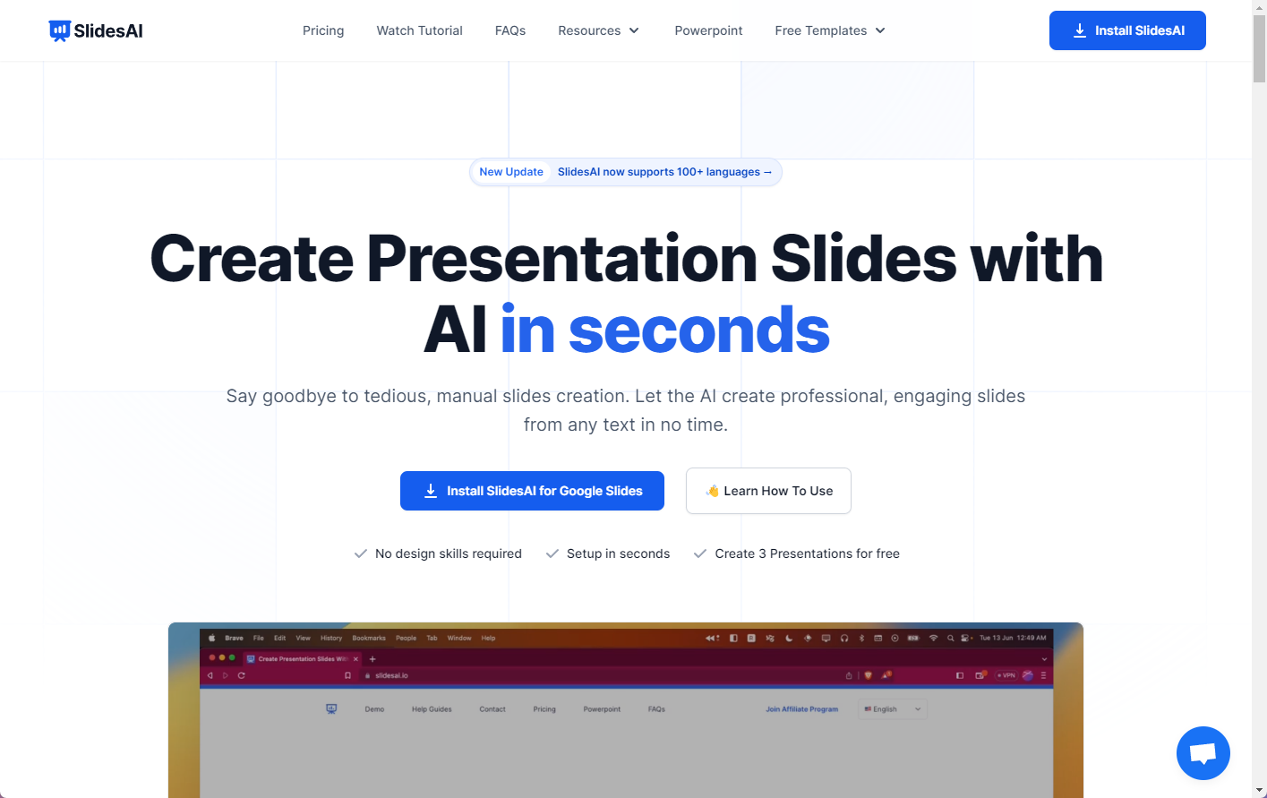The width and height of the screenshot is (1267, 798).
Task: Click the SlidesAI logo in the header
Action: (x=96, y=30)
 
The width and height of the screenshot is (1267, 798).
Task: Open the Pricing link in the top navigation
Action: (x=323, y=30)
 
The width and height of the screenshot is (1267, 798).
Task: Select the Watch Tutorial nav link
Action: (x=419, y=30)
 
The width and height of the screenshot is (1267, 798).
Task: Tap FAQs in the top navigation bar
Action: (x=510, y=30)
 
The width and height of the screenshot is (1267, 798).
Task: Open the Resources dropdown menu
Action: (x=598, y=30)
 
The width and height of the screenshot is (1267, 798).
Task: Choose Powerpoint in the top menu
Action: (x=708, y=30)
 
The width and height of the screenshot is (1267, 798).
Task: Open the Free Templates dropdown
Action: (x=830, y=30)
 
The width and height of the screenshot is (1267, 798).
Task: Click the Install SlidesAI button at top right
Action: (x=1127, y=30)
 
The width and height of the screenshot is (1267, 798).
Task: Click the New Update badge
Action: (x=511, y=172)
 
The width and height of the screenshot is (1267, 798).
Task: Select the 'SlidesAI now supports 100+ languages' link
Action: (x=664, y=172)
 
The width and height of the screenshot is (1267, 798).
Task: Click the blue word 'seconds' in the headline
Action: (x=699, y=330)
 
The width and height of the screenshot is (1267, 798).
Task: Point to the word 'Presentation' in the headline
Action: (x=562, y=259)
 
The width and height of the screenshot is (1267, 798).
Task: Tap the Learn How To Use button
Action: (x=768, y=491)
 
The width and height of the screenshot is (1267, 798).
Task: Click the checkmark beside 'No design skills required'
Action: (x=361, y=553)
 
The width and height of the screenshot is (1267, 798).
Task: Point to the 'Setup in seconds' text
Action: (x=618, y=553)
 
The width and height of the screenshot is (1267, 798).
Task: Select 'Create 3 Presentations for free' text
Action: (x=807, y=553)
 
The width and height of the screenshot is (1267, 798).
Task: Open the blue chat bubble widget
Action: (x=1203, y=753)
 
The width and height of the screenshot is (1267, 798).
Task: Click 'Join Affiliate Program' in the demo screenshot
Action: (x=801, y=709)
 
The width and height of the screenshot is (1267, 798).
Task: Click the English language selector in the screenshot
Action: (x=892, y=709)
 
